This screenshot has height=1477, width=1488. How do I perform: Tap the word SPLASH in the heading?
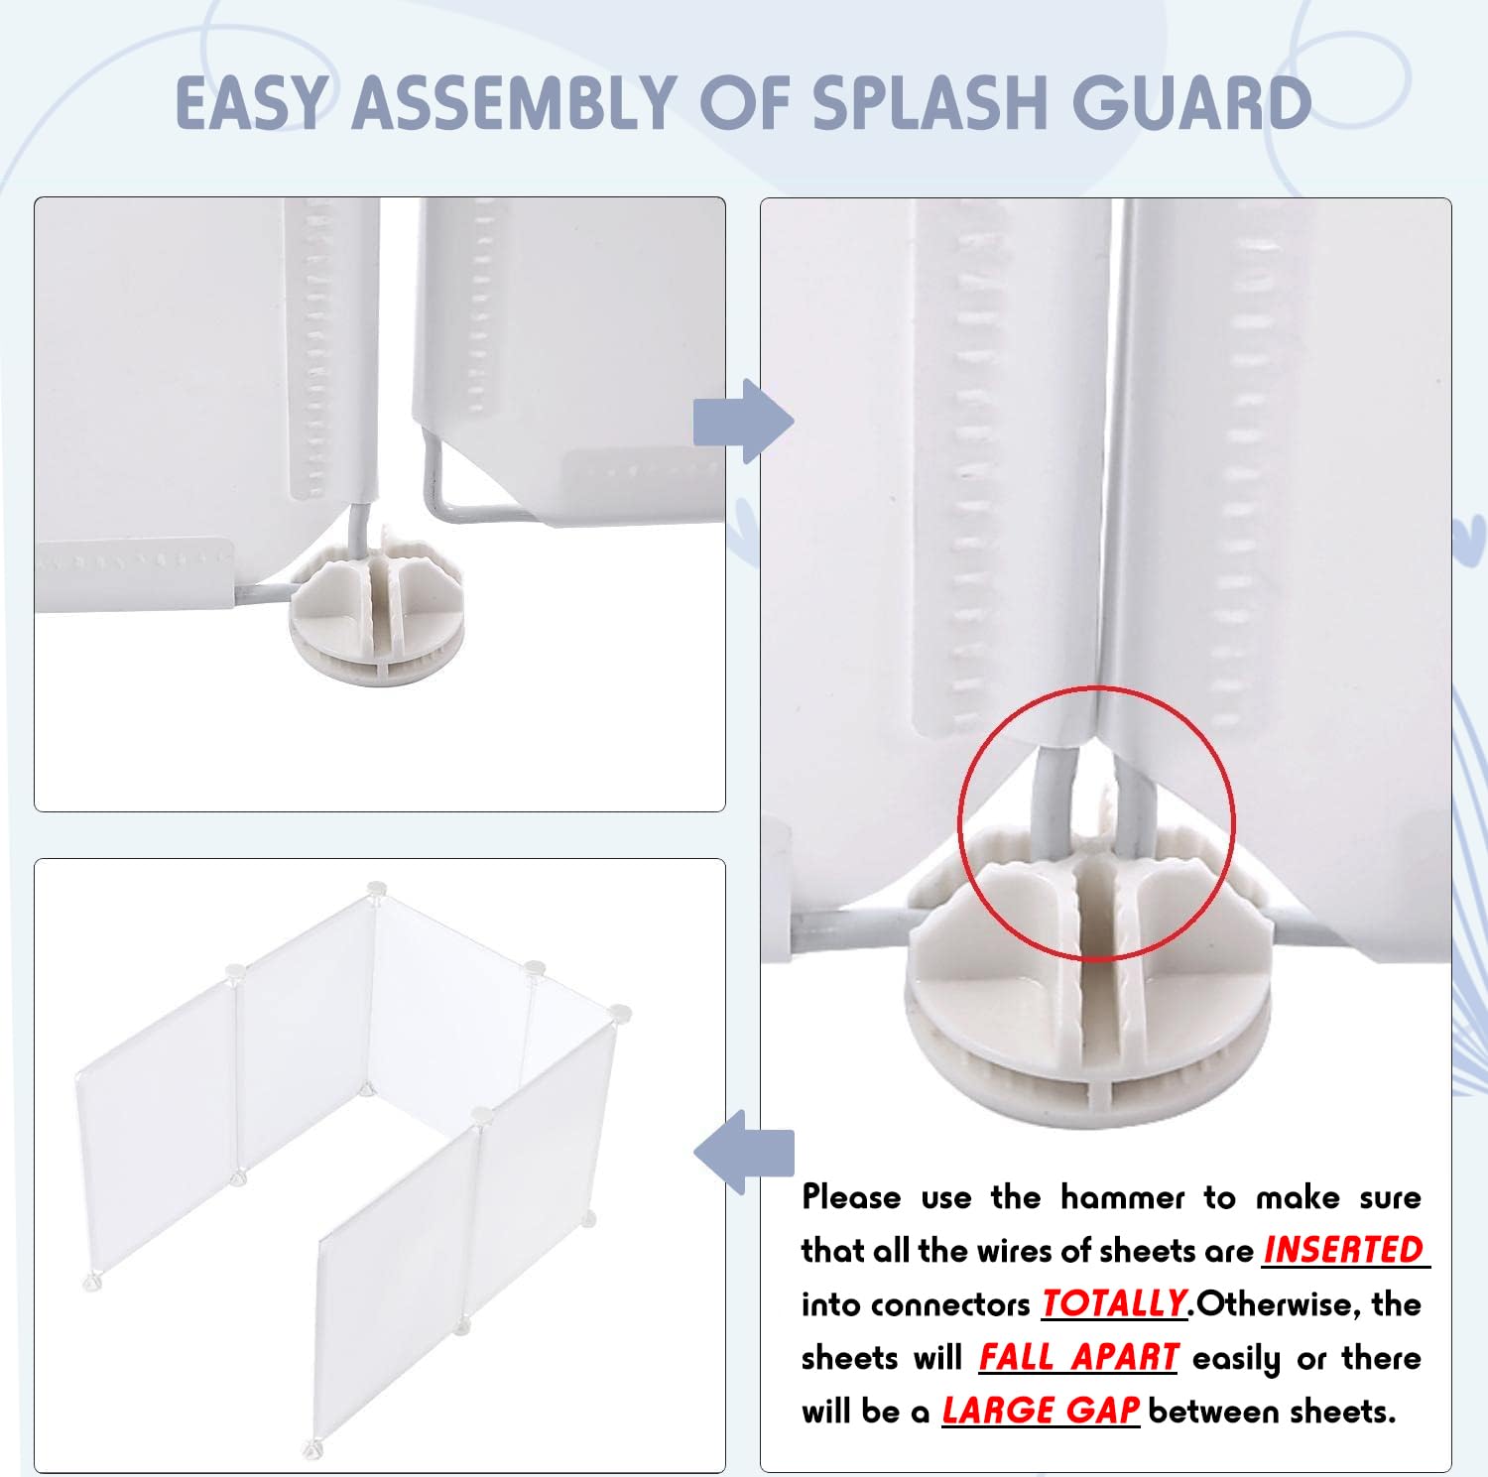[x=933, y=102]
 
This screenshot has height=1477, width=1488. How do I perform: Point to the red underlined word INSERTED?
[x=1344, y=1250]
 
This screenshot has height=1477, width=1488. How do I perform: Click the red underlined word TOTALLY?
[x=1114, y=1303]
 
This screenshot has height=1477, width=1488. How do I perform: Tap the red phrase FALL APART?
[x=1078, y=1357]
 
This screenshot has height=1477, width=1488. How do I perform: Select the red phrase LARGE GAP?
[x=1041, y=1411]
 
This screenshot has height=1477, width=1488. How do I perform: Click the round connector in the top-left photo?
[x=376, y=619]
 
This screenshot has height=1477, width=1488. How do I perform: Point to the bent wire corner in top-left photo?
[x=434, y=508]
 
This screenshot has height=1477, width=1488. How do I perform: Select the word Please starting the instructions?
[x=851, y=1197]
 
